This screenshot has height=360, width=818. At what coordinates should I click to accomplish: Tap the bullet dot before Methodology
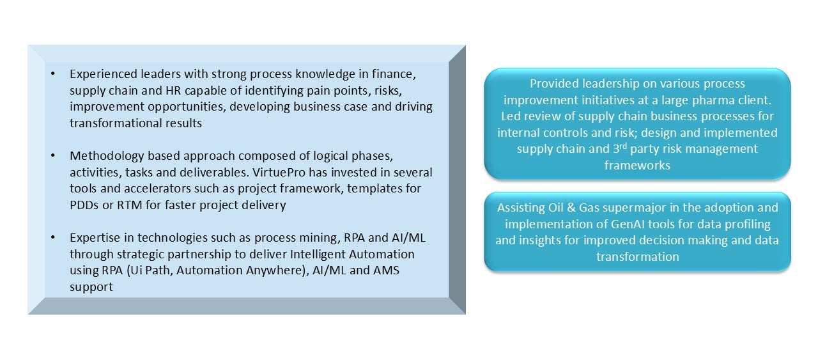tap(53, 155)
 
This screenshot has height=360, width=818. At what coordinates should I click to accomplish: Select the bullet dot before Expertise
tap(53, 238)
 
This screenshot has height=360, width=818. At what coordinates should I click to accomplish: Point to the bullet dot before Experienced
tap(53, 74)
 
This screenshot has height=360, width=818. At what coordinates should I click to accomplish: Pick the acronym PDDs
tap(84, 205)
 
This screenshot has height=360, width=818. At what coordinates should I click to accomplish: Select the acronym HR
tap(173, 90)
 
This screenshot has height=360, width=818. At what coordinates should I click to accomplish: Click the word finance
tap(394, 74)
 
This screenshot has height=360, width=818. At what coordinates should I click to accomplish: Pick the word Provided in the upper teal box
tap(554, 84)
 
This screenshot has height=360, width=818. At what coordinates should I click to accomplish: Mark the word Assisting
tap(521, 208)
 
